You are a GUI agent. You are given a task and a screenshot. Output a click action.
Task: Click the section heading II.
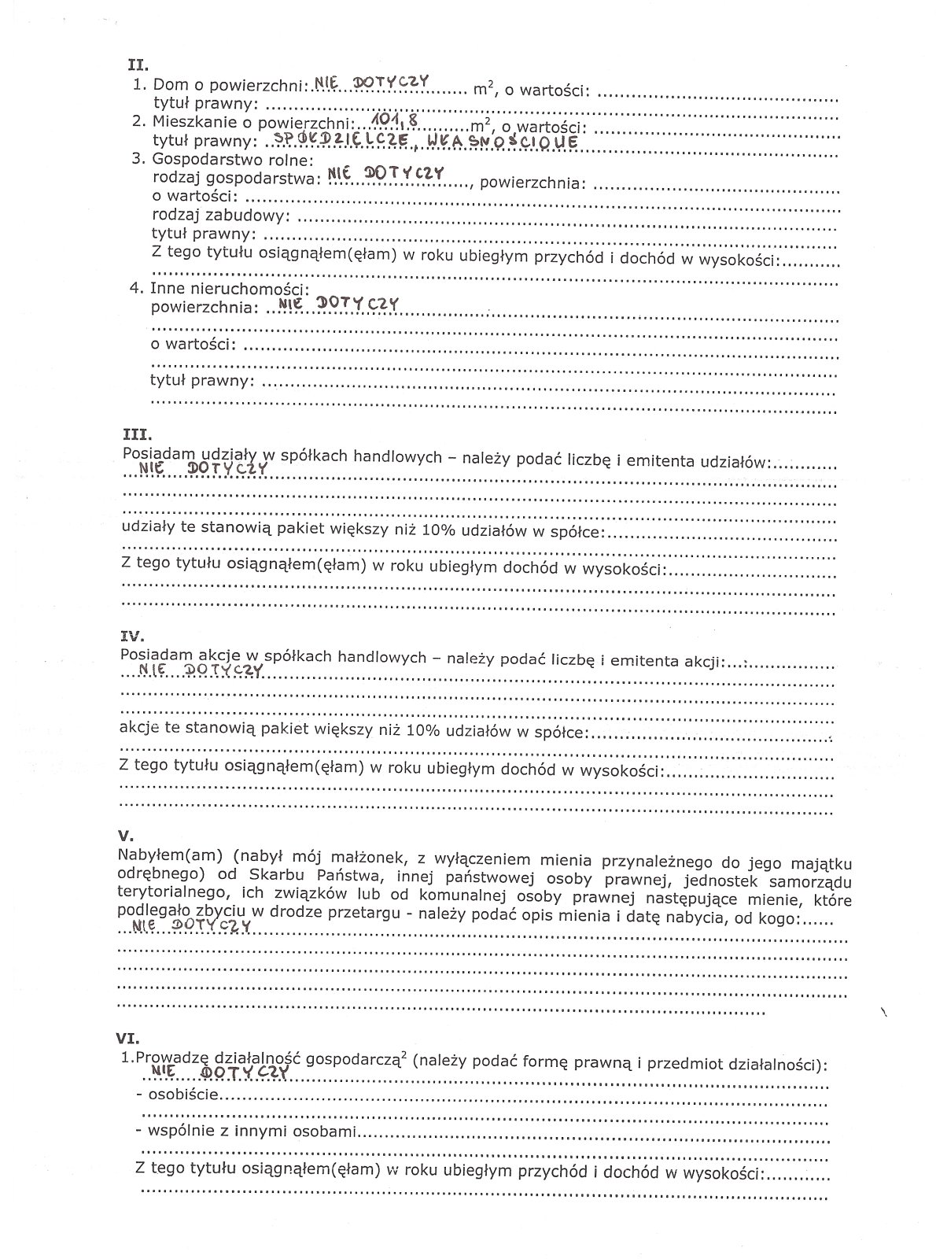[138, 66]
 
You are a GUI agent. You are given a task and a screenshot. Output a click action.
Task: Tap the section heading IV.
[134, 634]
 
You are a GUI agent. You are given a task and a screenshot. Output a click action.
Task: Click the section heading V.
[126, 836]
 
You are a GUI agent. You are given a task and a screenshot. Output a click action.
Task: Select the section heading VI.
[129, 1039]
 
